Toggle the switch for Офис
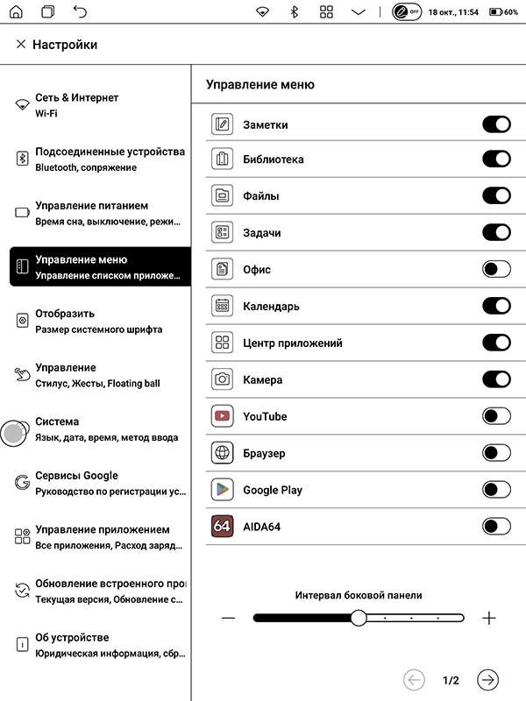pos(496,269)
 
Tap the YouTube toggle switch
pos(496,416)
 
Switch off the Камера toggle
pos(496,379)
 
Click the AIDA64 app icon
pos(222,527)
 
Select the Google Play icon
pos(222,490)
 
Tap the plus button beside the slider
pos(489,618)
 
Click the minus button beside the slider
pos(229,618)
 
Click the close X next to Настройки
pos(21,45)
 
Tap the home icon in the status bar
pos(18,12)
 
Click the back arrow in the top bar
pos(80,12)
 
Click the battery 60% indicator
pos(503,12)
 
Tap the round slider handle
pos(358,618)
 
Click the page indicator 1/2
pos(451,680)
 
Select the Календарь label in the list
pos(271,307)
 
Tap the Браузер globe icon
pos(222,453)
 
